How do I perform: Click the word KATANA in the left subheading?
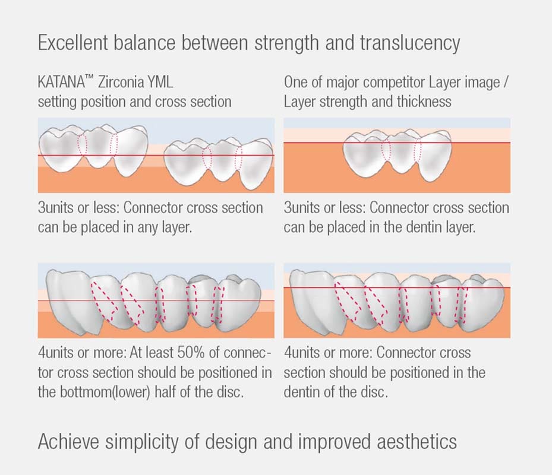tap(61, 82)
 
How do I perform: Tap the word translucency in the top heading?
tap(410, 43)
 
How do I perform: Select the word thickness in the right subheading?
tap(424, 102)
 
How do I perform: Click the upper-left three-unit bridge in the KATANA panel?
tap(93, 151)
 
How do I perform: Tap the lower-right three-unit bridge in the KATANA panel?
tap(218, 163)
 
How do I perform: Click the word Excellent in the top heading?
tap(72, 43)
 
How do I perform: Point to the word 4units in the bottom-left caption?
tap(55, 353)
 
